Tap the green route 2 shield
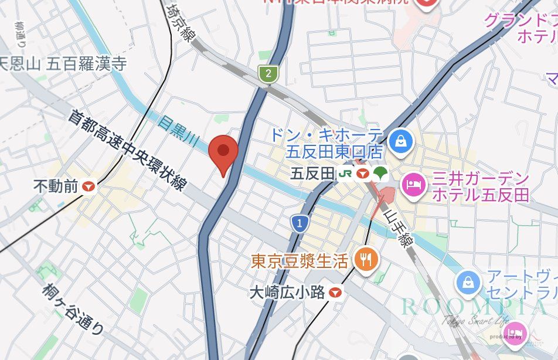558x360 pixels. coord(268,74)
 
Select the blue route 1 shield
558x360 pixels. coord(300,223)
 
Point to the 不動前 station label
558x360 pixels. coord(56,186)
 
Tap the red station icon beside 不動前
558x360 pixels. coord(89,186)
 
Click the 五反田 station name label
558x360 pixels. coord(312,174)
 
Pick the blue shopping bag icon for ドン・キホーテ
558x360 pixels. coord(400,141)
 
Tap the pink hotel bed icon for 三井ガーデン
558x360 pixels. coord(412,185)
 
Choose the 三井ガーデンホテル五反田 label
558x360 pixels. coord(481,186)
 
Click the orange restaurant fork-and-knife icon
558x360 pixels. coord(366,259)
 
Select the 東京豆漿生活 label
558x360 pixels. coord(300,260)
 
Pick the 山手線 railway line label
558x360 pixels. coord(395,228)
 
